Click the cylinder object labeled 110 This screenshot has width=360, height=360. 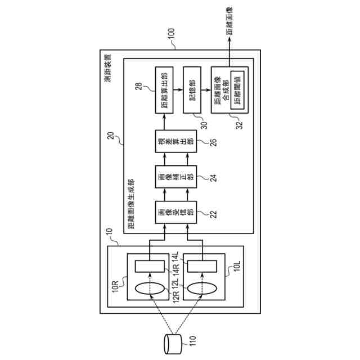click(173, 341)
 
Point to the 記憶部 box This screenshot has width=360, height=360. click(192, 88)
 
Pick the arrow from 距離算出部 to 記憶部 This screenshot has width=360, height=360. click(177, 88)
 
